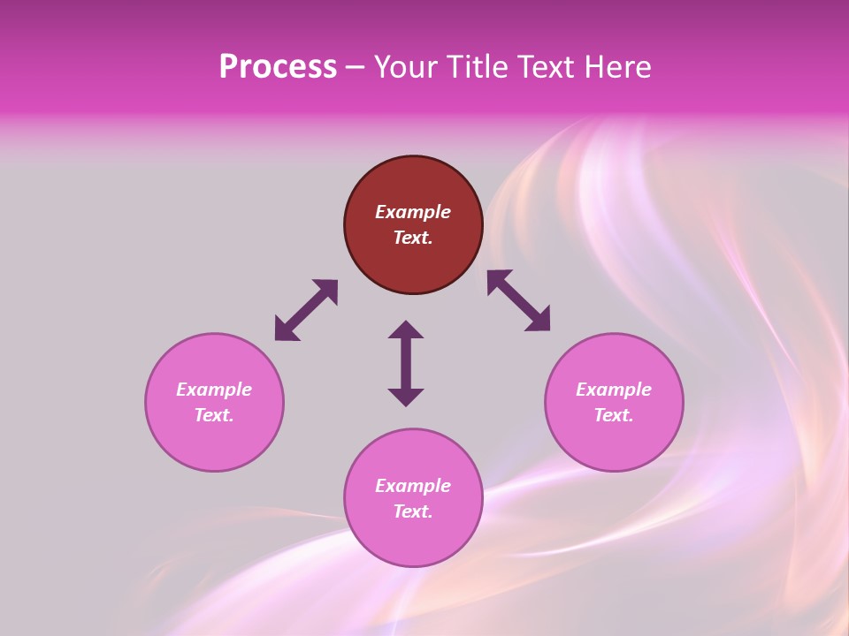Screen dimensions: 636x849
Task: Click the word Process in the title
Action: [278, 67]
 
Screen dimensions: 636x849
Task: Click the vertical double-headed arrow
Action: [406, 363]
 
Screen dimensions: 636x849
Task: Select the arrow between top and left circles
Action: [306, 310]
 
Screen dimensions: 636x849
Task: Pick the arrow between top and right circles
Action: [518, 300]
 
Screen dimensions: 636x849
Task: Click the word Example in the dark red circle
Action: [413, 212]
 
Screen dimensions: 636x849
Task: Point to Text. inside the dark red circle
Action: [413, 238]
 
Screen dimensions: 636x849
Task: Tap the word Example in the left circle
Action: [214, 390]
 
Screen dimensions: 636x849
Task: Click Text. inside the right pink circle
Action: [614, 415]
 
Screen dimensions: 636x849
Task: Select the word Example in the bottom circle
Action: [413, 486]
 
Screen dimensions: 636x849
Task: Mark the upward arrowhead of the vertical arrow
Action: [406, 329]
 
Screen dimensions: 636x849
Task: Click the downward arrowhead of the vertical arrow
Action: [406, 397]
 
